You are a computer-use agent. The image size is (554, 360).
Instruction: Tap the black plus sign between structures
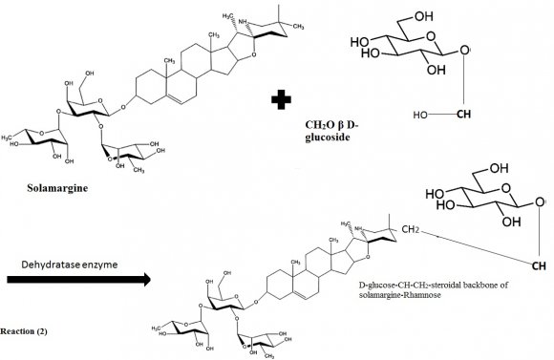[x=280, y=99]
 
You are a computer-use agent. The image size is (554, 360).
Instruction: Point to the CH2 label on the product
[x=412, y=230]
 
